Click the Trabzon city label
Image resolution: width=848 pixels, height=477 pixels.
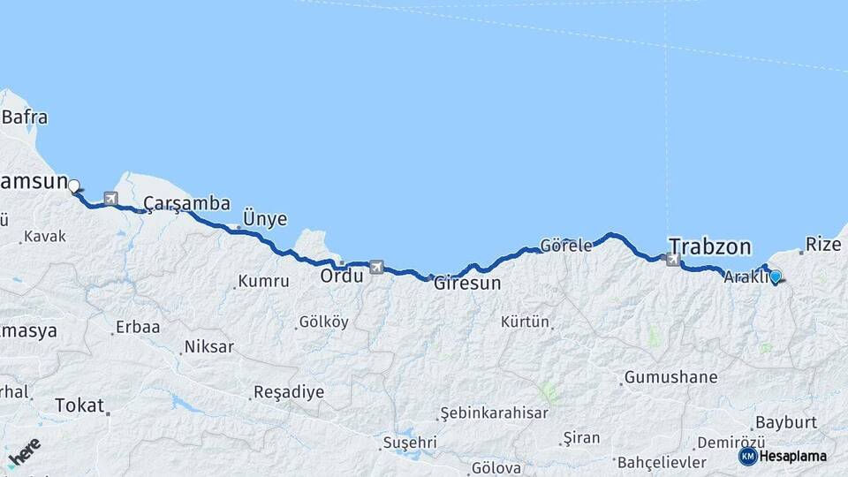[x=709, y=246]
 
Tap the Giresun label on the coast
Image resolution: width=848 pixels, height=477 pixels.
[x=466, y=284]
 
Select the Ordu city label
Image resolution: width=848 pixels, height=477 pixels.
[x=342, y=276]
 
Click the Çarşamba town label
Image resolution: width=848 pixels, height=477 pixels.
[x=186, y=202]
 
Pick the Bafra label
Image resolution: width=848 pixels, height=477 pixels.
[x=25, y=117]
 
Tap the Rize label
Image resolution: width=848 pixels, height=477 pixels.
[x=823, y=243]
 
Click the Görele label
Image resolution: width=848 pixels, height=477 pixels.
[x=565, y=246]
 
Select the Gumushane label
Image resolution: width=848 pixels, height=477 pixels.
[x=670, y=377]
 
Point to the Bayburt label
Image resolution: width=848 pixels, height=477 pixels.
[x=782, y=421]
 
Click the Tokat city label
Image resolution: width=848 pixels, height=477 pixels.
[x=79, y=405]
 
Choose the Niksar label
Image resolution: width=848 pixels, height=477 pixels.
[x=208, y=346]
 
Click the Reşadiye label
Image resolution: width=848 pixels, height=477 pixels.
[x=288, y=391]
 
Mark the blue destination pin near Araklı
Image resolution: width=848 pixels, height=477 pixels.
[x=776, y=276]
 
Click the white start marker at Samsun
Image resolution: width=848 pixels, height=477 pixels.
[x=74, y=186]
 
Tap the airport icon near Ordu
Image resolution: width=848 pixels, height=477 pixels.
[x=377, y=267]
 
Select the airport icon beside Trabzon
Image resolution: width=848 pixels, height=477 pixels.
[x=674, y=260]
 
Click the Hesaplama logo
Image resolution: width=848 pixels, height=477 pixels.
[x=783, y=456]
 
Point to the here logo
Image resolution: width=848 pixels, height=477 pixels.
[x=24, y=453]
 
